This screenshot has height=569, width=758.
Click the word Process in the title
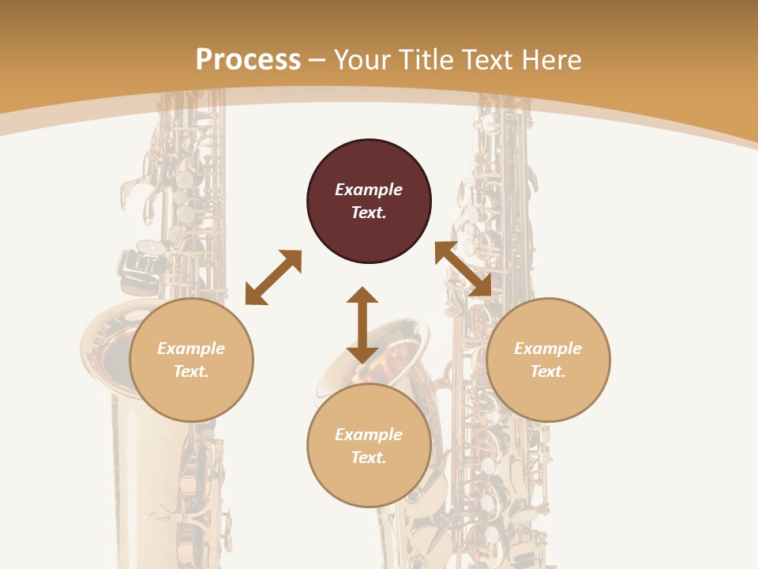click(x=248, y=59)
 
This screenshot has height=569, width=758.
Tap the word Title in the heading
click(x=426, y=59)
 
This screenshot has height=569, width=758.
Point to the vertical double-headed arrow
click(x=362, y=325)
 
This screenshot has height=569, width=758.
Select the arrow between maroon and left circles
click(x=273, y=277)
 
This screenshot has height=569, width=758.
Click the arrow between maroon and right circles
click(x=463, y=269)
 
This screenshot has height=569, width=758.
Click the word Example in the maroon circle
click(x=369, y=190)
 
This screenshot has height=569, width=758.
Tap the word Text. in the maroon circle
click(x=369, y=213)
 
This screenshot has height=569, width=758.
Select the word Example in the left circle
click(x=191, y=349)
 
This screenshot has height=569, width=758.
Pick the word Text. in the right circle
click(x=548, y=371)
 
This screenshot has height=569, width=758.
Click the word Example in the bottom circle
click(x=369, y=435)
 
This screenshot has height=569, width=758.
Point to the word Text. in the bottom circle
click(x=369, y=458)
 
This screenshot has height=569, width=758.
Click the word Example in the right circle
click(x=548, y=349)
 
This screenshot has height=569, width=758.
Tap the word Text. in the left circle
click(x=191, y=371)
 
